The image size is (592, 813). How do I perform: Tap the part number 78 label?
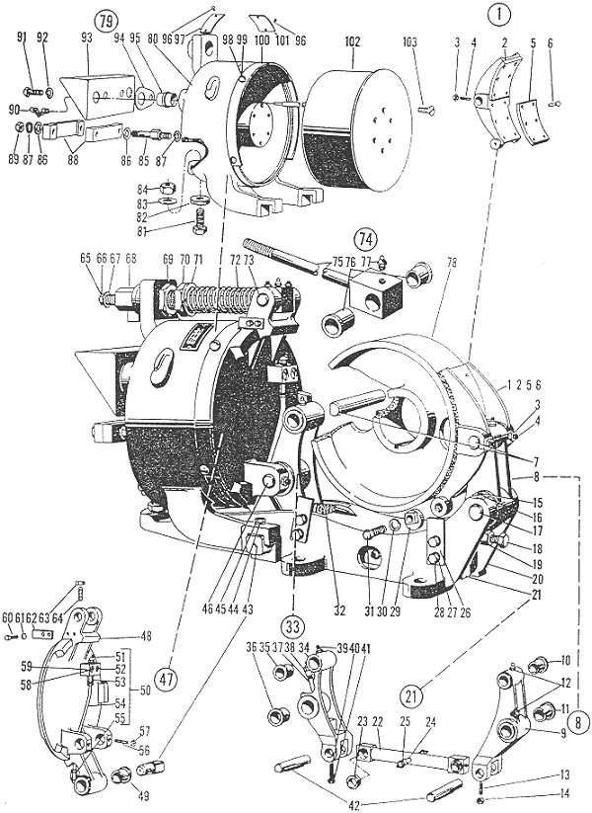[454, 263]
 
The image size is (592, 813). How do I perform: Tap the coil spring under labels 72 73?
[218, 297]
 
